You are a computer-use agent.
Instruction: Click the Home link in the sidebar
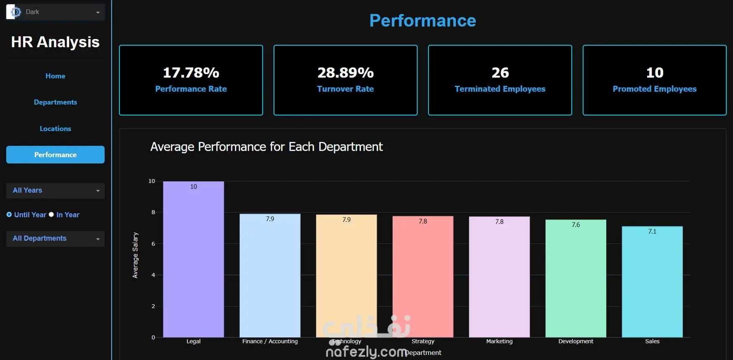pyautogui.click(x=55, y=76)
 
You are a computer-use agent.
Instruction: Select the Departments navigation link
pyautogui.click(x=55, y=102)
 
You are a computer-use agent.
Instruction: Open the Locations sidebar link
pyautogui.click(x=55, y=129)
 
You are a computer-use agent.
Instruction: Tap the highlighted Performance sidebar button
pyautogui.click(x=55, y=154)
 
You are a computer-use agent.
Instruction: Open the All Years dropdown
pyautogui.click(x=55, y=190)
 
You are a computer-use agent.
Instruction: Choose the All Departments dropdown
pyautogui.click(x=55, y=239)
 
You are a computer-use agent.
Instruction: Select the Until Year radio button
pyautogui.click(x=9, y=215)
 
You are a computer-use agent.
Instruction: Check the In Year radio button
pyautogui.click(x=52, y=215)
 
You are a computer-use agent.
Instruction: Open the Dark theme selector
pyautogui.click(x=55, y=12)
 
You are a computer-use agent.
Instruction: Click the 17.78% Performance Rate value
pyautogui.click(x=191, y=73)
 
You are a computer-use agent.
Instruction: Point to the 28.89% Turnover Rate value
pyautogui.click(x=346, y=73)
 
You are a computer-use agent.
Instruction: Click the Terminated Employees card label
pyautogui.click(x=500, y=89)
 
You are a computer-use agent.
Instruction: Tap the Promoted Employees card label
pyautogui.click(x=655, y=89)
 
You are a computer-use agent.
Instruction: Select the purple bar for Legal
pyautogui.click(x=194, y=259)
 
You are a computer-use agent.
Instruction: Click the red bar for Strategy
pyautogui.click(x=423, y=277)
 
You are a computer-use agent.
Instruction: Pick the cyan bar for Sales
pyautogui.click(x=652, y=282)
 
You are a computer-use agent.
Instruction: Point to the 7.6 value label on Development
pyautogui.click(x=576, y=225)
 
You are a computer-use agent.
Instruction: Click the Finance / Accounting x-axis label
pyautogui.click(x=270, y=341)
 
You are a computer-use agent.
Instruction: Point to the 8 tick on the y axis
pyautogui.click(x=153, y=212)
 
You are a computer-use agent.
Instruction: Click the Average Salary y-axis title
pyautogui.click(x=135, y=255)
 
